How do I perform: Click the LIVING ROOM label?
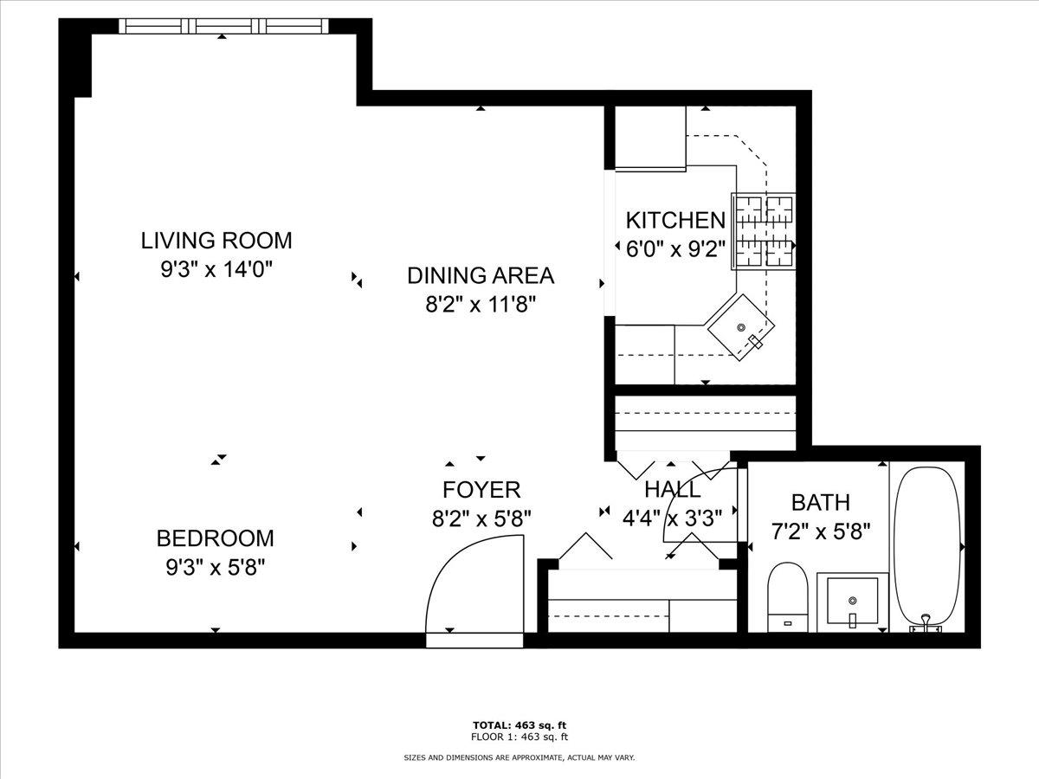point(216,240)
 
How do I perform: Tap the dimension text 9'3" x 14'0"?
point(216,269)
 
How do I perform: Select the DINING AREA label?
point(481,276)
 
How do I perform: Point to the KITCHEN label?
point(675,220)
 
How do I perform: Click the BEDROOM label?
point(215,538)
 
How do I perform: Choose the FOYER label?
point(481,490)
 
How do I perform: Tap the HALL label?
point(673,490)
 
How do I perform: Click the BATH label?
point(820,502)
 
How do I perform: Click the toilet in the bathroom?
point(787,596)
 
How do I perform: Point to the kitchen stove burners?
point(765,231)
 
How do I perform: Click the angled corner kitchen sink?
point(742,327)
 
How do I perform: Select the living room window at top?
point(223,26)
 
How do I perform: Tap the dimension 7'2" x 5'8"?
point(820,530)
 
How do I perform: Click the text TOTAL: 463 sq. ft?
point(519,724)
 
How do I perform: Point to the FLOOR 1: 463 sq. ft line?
point(519,737)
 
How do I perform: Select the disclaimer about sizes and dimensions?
point(519,757)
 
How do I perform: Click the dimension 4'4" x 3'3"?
point(673,518)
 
